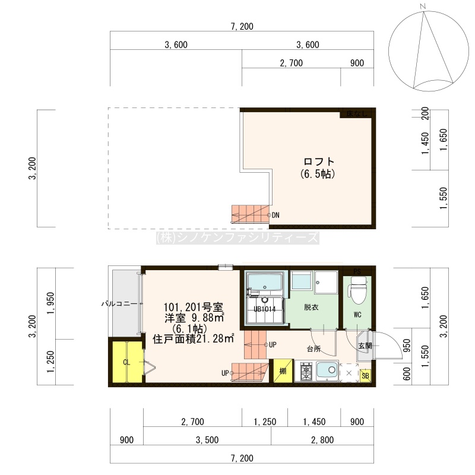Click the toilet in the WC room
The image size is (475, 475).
coord(357,290)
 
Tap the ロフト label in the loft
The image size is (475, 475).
coord(319,161)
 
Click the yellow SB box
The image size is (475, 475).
coord(365,376)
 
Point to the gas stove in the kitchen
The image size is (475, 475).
coord(306,372)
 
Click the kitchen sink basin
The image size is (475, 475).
coord(328,370)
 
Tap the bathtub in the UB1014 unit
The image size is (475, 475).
coord(265,282)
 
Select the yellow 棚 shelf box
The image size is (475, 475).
coord(283,370)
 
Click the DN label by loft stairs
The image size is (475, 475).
coord(275,215)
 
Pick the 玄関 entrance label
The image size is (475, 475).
coord(365,346)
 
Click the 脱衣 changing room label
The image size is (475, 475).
coord(311,307)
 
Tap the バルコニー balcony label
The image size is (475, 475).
coord(121,303)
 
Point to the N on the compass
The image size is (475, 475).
coord(423,6)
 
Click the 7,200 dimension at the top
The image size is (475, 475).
coord(242,27)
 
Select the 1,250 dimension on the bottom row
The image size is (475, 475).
coord(265,422)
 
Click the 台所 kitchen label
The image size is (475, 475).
coord(313,349)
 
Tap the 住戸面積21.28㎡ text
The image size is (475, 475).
coord(194,338)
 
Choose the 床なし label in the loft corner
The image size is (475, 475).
coord(357,114)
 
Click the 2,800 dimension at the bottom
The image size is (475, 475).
coord(322,440)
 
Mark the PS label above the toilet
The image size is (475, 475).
coord(357,271)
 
